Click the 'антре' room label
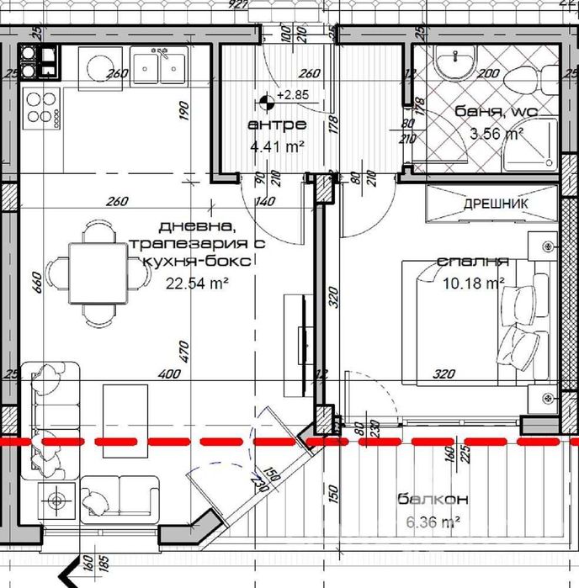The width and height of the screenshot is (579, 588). point(276,125)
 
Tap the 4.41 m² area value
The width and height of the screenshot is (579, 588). point(277,146)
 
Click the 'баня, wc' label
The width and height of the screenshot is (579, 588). point(495,112)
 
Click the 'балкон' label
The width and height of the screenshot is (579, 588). point(428,501)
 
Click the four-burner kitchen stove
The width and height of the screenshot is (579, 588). point(40,109)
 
